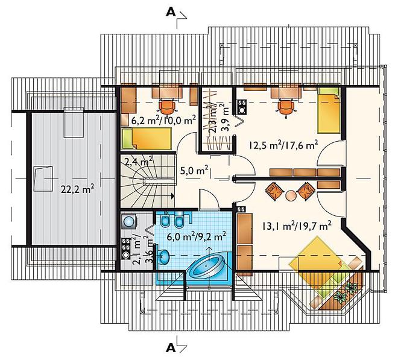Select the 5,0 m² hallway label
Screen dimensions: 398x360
click(x=194, y=171)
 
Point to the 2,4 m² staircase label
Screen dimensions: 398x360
click(x=138, y=161)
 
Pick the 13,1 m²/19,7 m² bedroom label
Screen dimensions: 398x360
click(x=297, y=226)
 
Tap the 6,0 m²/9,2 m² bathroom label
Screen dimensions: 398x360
click(x=197, y=236)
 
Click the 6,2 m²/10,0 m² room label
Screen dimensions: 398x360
click(x=163, y=119)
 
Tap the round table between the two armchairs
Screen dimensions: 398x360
click(x=291, y=196)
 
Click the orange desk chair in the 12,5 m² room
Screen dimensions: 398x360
click(x=286, y=107)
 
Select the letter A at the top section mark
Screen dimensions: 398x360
click(x=171, y=13)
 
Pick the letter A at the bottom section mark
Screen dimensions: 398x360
click(x=171, y=349)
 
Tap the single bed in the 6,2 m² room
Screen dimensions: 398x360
click(x=147, y=138)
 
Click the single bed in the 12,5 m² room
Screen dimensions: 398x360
click(x=329, y=110)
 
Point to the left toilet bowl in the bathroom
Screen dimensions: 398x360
click(x=165, y=221)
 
